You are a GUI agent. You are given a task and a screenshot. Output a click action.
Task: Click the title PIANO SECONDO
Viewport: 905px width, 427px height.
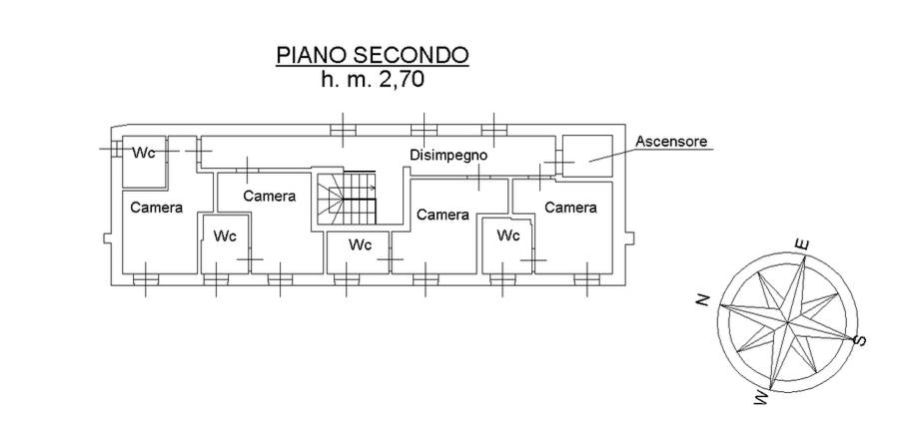373,55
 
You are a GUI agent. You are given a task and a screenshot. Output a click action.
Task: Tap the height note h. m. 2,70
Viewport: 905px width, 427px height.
373,81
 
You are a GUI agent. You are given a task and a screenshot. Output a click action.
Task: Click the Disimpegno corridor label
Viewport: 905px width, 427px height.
448,155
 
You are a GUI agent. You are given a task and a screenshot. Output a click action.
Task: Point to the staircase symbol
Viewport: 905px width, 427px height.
346,198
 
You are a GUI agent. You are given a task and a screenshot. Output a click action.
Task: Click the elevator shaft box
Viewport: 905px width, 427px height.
587,155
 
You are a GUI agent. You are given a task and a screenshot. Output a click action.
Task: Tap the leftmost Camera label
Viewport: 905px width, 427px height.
156,208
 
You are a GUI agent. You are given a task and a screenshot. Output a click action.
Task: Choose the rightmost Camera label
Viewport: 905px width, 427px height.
570,208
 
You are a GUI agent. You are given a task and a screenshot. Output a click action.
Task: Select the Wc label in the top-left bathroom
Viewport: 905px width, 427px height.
145,153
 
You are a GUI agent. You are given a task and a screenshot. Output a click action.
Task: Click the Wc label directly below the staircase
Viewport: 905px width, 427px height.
360,244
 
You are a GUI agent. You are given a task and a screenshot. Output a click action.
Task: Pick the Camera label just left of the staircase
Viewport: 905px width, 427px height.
269,196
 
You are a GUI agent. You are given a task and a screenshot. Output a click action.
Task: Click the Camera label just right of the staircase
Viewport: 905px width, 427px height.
443,214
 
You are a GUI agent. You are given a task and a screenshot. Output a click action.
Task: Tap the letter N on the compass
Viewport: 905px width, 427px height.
703,298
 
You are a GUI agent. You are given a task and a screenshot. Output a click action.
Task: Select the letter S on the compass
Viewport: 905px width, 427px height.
861,341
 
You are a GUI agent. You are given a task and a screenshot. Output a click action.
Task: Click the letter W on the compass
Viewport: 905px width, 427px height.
762,398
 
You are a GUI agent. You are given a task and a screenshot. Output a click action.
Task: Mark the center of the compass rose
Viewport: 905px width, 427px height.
787,321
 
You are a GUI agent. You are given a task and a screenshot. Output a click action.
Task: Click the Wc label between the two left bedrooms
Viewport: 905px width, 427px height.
225,236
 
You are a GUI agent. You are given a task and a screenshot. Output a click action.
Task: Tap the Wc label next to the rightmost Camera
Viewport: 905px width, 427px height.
508,236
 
